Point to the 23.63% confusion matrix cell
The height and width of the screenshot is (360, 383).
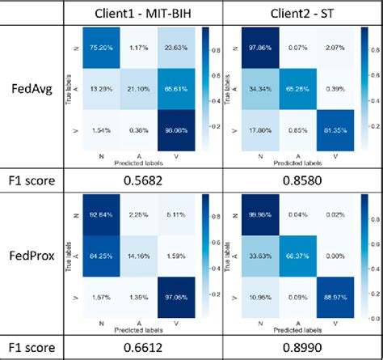click(x=185, y=47)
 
